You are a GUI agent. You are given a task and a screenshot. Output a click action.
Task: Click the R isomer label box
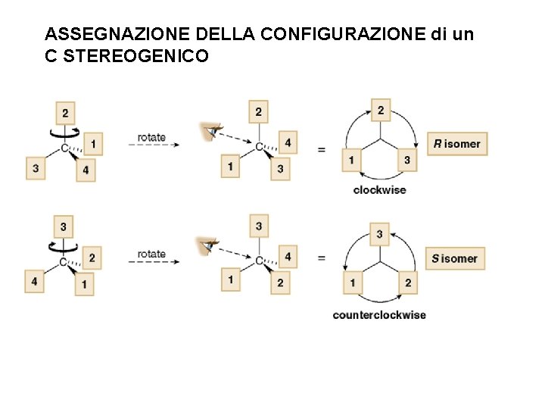457,144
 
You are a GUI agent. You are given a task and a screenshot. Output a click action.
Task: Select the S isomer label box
455,258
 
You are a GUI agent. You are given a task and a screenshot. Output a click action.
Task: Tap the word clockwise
379,189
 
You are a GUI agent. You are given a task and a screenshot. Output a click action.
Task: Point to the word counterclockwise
379,314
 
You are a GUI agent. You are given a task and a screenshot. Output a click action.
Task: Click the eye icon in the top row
207,132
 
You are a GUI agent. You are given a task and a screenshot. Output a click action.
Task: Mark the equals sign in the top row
322,150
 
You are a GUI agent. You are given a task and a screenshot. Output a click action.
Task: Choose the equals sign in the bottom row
322,258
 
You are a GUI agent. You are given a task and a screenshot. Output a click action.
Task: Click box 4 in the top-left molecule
86,170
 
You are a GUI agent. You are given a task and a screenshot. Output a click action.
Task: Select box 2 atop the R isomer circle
380,111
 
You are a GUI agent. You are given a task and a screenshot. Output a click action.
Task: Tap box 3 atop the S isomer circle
380,234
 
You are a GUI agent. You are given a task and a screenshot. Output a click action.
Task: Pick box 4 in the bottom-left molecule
34,282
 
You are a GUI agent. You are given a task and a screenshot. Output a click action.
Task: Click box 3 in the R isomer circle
407,160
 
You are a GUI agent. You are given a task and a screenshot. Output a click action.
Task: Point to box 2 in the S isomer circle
407,283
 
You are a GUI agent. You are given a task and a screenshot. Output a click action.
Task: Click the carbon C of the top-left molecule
64,147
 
